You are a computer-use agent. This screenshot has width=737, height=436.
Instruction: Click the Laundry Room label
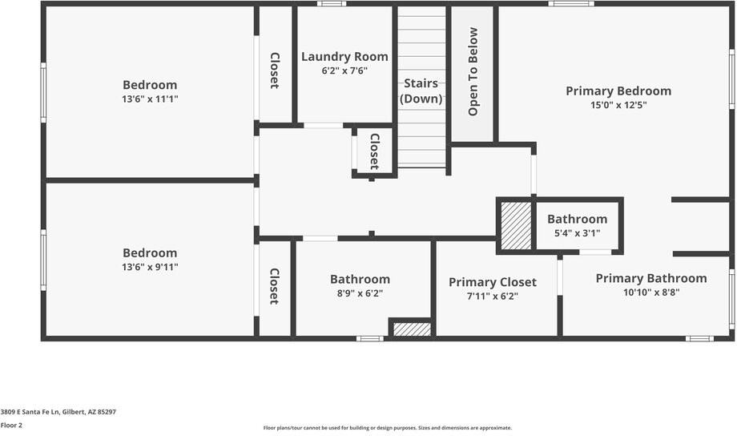pos(344,57)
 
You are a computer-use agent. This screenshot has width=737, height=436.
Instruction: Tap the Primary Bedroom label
pos(618,91)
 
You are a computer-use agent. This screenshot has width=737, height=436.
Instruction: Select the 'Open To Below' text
pos(473,71)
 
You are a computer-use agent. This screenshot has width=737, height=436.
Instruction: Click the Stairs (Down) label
pos(421,91)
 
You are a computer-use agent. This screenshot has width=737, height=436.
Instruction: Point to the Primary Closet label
pos(492,282)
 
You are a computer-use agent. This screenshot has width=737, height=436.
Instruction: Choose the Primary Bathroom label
pos(650,279)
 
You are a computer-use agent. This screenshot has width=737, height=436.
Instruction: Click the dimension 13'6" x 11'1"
pos(150,99)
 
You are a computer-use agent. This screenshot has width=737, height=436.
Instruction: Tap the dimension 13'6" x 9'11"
pos(150,267)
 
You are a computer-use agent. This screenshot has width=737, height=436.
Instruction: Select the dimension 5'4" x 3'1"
pos(577,233)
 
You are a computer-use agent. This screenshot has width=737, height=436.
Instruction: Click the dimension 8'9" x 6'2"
pos(360,293)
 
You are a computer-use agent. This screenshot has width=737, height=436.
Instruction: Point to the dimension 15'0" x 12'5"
pos(618,105)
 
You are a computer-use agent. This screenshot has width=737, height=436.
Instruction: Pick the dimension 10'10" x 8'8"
pos(650,293)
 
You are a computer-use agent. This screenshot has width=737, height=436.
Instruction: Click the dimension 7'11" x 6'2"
pos(492,296)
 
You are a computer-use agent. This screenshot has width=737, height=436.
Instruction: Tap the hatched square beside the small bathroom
pos(516,225)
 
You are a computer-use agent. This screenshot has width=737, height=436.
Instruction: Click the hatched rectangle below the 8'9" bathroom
pos(413,329)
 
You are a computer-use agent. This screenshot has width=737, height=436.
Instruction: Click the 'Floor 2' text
pos(11,426)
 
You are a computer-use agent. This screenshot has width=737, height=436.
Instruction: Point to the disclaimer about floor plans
pos(387,428)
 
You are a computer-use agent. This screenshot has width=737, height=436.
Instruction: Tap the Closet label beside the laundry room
pos(274,71)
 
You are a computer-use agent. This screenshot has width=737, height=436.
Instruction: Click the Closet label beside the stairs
pos(373,151)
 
